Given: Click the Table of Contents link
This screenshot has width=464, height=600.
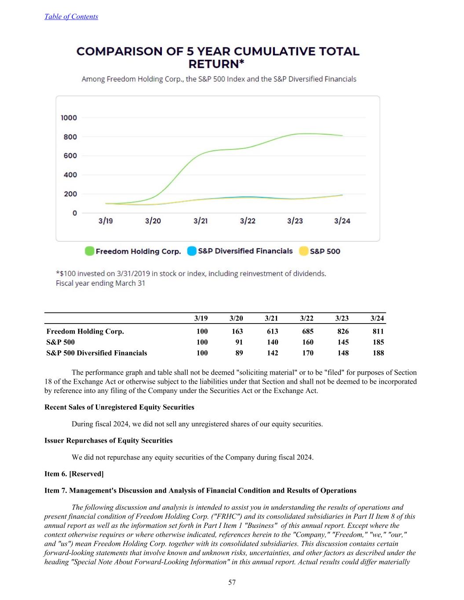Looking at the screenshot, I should [71, 17].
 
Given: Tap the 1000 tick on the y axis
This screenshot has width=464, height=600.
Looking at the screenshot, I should [69, 118].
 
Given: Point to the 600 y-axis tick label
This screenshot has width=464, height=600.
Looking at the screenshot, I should [70, 156].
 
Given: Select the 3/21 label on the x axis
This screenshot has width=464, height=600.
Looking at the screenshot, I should [201, 221].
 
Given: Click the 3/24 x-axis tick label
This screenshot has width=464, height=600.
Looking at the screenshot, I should [342, 221].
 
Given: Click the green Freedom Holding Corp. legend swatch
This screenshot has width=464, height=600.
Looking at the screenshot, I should [90, 251].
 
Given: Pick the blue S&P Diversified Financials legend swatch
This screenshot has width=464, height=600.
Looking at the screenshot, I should [192, 251].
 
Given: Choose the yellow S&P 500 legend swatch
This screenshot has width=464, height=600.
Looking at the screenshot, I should [303, 251].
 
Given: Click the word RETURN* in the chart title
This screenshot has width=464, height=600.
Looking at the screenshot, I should [216, 64].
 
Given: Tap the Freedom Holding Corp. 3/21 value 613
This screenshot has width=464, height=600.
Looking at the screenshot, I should [272, 331].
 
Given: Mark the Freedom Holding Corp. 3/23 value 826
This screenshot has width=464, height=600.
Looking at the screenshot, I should [343, 331].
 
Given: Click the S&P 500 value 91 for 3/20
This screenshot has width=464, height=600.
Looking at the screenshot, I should [239, 342].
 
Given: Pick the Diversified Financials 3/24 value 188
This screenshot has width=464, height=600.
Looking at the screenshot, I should [378, 353].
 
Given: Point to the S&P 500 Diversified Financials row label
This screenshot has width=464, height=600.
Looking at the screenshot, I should [97, 353].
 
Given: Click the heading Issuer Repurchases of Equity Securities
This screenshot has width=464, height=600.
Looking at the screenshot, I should [109, 440].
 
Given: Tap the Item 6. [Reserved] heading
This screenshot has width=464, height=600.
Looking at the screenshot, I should [74, 474].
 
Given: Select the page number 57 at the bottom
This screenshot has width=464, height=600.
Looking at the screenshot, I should [232, 582].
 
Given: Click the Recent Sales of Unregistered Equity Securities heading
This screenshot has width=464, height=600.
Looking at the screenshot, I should [119, 407].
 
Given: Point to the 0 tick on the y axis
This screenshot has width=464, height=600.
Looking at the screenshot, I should [75, 213].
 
